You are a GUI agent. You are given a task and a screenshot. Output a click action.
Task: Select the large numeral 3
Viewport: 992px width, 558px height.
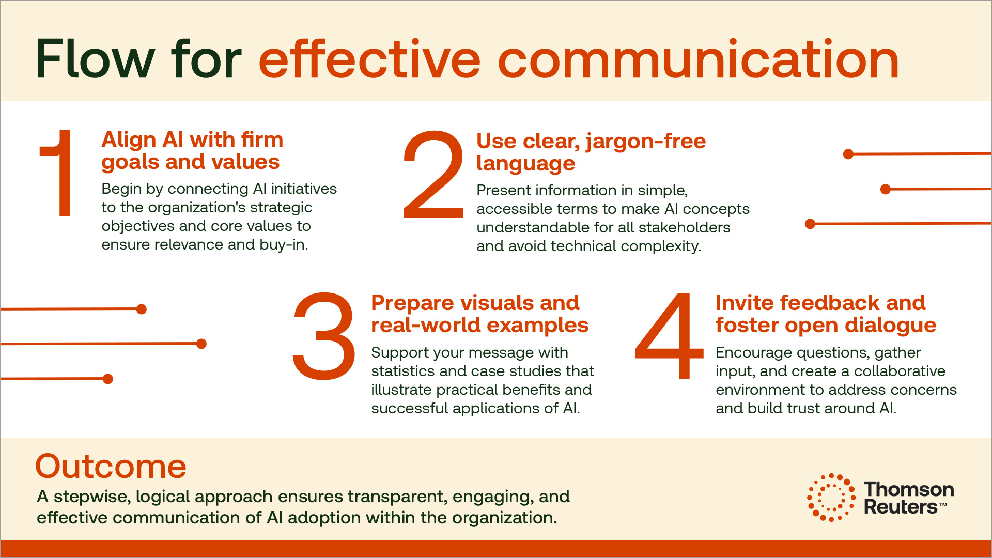coord(324,336)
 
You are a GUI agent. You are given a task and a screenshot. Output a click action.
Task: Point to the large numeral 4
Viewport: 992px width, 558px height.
coord(670,336)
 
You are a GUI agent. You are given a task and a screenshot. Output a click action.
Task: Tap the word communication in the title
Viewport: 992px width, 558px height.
coord(699,59)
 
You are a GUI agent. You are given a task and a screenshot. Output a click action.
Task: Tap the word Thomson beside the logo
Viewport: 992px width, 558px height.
coord(909,489)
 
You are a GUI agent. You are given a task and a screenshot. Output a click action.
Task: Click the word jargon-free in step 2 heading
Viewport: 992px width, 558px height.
coord(646,142)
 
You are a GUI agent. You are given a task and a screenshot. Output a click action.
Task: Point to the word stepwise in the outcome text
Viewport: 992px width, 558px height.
coord(92,497)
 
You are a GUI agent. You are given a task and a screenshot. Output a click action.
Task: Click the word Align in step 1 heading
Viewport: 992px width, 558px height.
coord(129,140)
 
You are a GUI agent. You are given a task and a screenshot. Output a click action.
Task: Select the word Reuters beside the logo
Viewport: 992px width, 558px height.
coord(901,507)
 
